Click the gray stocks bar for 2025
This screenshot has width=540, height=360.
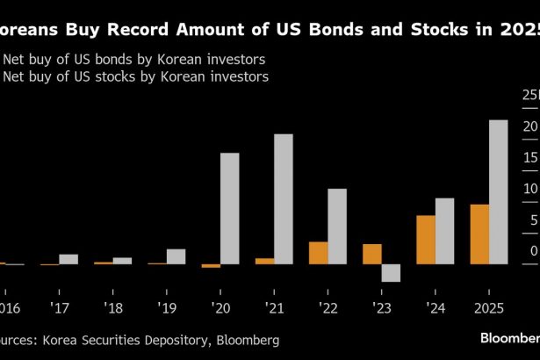click(x=498, y=191)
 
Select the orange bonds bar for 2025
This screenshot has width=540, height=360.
click(x=479, y=234)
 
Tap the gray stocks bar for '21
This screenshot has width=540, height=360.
click(x=283, y=198)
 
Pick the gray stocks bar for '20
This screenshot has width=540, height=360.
click(x=229, y=208)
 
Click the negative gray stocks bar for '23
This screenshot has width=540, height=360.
click(x=391, y=272)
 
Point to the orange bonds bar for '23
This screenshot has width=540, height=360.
click(x=372, y=254)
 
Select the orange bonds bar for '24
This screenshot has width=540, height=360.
click(x=426, y=239)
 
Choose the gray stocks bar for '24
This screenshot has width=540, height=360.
click(x=444, y=231)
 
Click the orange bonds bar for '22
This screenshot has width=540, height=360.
click(x=319, y=252)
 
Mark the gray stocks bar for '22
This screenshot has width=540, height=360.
click(x=337, y=226)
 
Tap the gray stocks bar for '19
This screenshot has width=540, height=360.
click(x=176, y=256)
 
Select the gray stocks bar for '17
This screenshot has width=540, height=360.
click(x=68, y=259)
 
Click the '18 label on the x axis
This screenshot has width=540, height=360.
click(x=113, y=308)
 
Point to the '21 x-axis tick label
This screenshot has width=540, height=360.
click(x=274, y=308)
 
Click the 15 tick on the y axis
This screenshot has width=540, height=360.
click(x=529, y=157)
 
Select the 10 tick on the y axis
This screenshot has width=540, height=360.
click(x=529, y=189)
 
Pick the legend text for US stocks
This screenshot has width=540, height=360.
click(x=137, y=77)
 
